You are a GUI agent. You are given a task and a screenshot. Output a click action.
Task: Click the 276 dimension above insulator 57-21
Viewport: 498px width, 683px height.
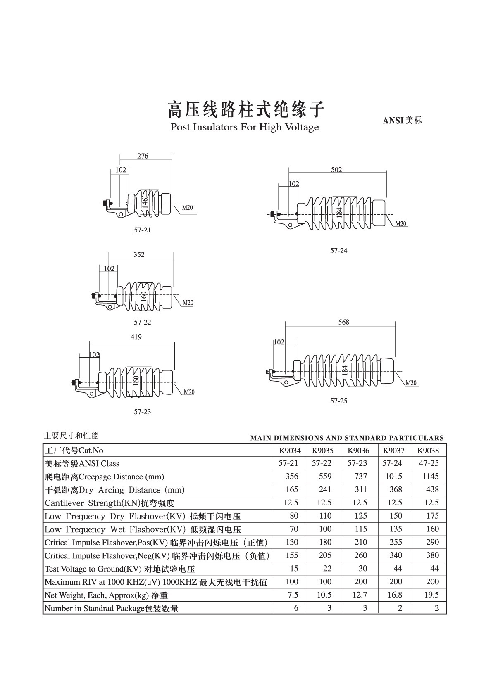(143, 156)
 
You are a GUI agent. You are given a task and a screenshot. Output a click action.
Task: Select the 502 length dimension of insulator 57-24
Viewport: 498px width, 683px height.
(336, 170)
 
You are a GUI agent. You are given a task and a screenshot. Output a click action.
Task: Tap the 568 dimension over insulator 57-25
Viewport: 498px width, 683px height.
(343, 322)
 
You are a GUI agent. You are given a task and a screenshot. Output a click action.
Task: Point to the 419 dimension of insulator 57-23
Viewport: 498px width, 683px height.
(136, 337)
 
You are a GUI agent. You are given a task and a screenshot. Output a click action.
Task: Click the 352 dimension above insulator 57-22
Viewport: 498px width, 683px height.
(139, 255)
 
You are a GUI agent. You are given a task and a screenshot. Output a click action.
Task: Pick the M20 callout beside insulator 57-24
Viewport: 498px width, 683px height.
(401, 224)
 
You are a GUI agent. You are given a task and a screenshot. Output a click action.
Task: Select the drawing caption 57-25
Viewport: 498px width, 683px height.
(338, 401)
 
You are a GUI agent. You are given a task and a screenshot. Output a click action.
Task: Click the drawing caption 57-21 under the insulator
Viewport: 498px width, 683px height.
(142, 230)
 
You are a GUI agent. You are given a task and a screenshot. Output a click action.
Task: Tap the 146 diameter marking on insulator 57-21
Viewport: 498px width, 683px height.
(145, 202)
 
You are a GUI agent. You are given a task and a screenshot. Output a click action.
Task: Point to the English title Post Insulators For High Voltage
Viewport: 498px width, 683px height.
(245, 127)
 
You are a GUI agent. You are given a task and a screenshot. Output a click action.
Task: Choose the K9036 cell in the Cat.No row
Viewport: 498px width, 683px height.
(358, 451)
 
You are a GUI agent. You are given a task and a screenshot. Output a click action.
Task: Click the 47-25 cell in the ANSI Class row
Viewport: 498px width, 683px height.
(429, 463)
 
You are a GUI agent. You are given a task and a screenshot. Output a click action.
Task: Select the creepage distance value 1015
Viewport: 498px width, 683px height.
(393, 477)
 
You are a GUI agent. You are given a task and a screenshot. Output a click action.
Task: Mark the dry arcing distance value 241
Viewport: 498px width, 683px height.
(325, 490)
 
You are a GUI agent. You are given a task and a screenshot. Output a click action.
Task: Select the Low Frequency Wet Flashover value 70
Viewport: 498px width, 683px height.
(294, 529)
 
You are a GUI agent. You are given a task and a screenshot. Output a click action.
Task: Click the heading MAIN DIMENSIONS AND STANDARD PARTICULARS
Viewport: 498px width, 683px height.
(347, 438)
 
